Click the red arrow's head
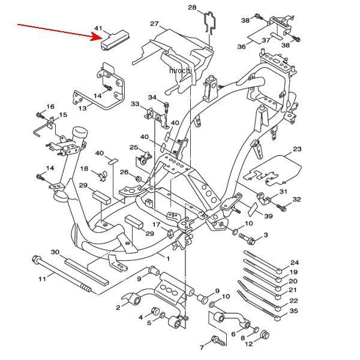97,37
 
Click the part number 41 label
98,28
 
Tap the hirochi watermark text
180,70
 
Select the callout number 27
154,23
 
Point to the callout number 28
192,7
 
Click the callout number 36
241,47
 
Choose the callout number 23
297,149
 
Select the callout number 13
82,108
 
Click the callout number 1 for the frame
168,259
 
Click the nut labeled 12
265,335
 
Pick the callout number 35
293,311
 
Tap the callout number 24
295,262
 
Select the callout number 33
135,104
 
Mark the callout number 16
50,106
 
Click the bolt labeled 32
281,208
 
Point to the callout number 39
268,216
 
